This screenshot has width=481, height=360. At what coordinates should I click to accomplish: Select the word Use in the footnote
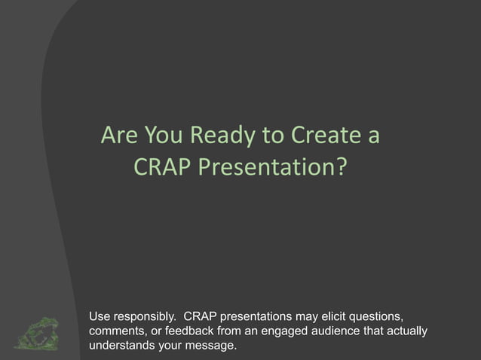point(100,315)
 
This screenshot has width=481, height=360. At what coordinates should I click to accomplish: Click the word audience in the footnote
point(340,331)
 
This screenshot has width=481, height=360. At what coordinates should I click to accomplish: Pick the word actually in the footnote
point(409,331)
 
